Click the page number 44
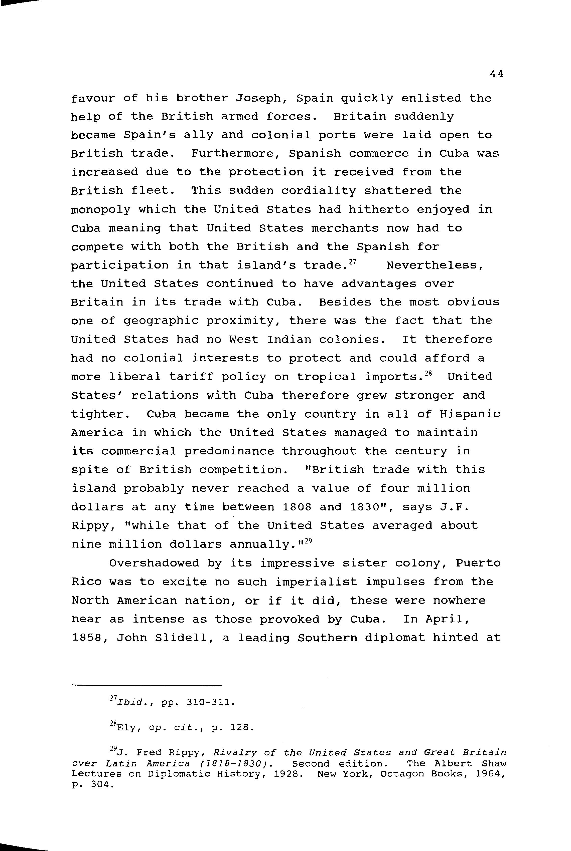point(496,74)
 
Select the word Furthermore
point(237,154)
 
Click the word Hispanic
point(469,414)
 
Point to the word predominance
point(229,451)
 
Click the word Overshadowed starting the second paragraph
point(154,563)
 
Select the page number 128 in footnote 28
point(241,728)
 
